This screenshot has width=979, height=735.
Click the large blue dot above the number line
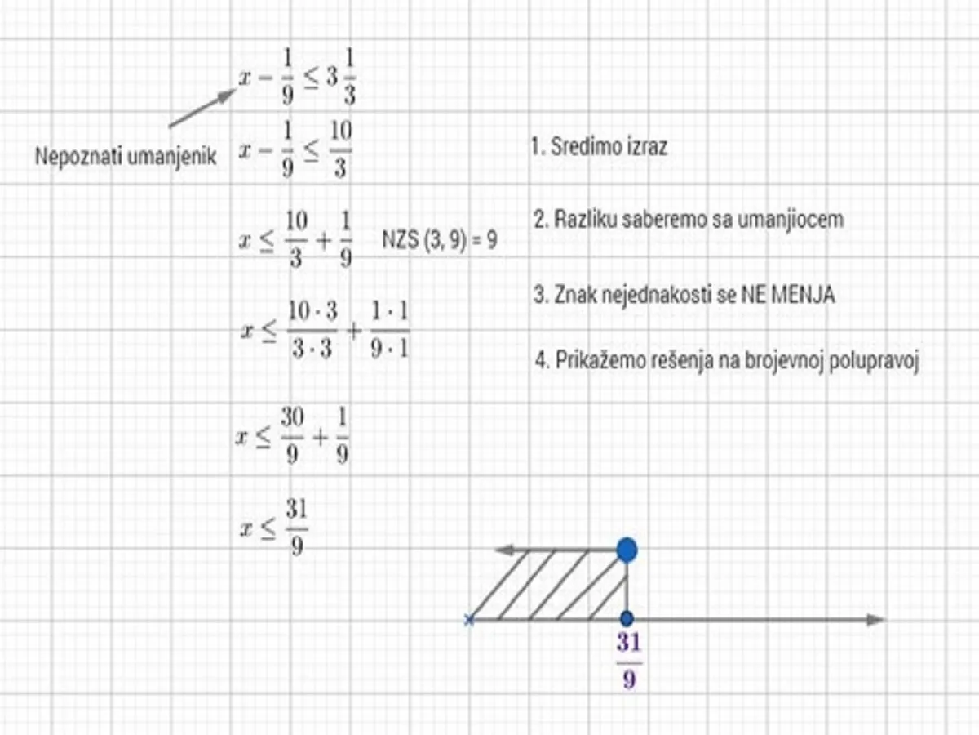[627, 550]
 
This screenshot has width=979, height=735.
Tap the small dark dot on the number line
[627, 618]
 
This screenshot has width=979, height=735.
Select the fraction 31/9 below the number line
[629, 661]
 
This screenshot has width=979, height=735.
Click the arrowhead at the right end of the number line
[875, 619]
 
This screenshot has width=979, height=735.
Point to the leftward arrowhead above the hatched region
[504, 550]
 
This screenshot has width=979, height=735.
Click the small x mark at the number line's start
[469, 619]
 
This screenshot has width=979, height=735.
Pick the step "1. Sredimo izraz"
[599, 146]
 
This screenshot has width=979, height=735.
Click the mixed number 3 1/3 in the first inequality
[341, 77]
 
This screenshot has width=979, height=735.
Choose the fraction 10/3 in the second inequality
[341, 149]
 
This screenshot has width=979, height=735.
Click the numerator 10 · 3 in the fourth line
[313, 310]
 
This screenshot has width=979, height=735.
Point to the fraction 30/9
[292, 435]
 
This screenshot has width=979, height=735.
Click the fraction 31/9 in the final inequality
[297, 527]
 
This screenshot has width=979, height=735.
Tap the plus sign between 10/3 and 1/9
[324, 242]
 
